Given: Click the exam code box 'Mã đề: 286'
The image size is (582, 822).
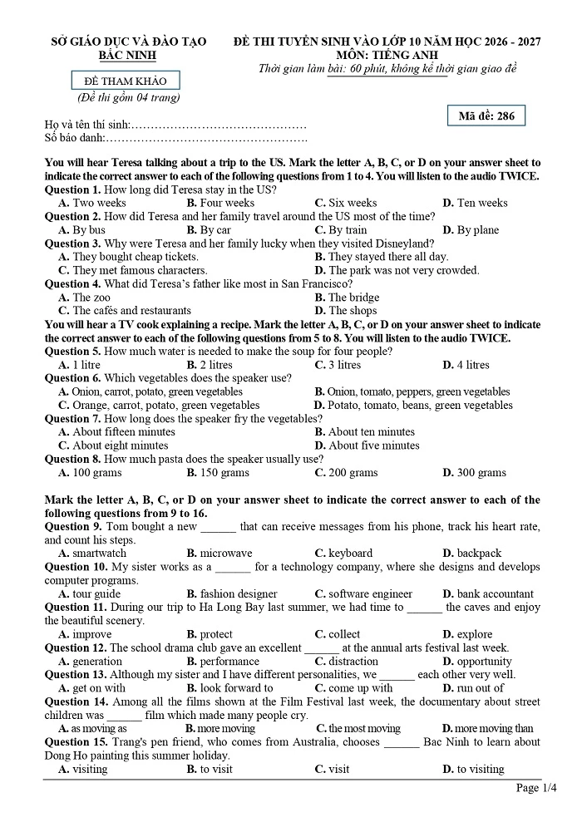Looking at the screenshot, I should pos(486,116).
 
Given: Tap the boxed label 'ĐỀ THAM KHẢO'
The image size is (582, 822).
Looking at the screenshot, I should pos(126,81).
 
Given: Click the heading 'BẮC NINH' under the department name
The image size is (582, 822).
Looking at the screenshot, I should pos(126,55).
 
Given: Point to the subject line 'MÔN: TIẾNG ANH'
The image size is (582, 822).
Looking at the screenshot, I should pos(387,55).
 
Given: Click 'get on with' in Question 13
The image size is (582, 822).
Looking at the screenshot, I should pos(99,688).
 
